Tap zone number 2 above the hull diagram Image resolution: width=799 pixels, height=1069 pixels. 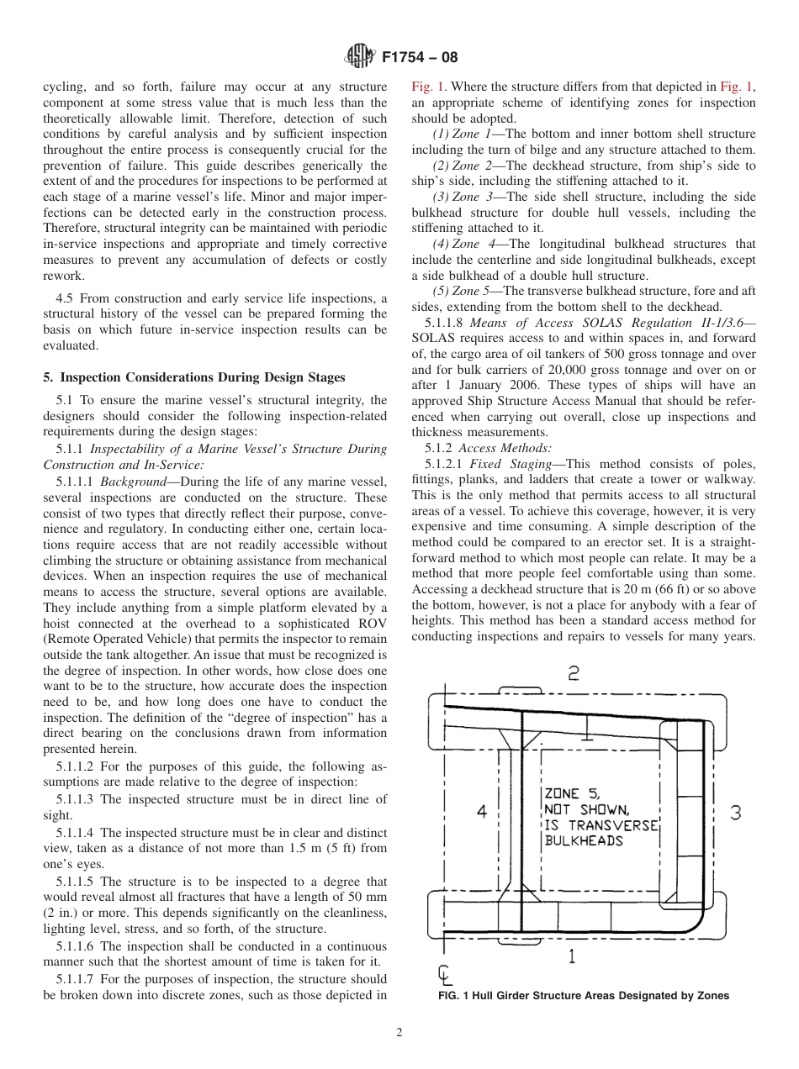pyautogui.click(x=573, y=673)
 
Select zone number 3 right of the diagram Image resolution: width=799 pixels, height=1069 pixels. pyautogui.click(x=735, y=813)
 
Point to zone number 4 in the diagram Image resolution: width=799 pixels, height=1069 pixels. pyautogui.click(x=481, y=812)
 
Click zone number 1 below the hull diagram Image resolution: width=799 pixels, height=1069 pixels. pyautogui.click(x=572, y=955)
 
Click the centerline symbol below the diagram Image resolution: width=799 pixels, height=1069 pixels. pyautogui.click(x=444, y=976)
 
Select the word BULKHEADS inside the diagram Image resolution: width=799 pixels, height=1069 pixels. pyautogui.click(x=584, y=840)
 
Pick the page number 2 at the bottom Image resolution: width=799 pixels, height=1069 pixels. pyautogui.click(x=399, y=1034)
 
